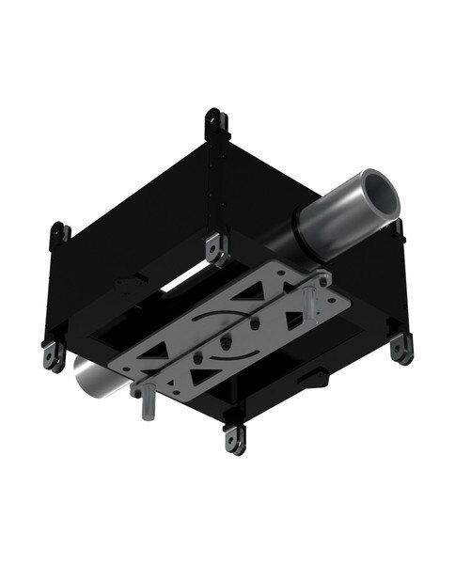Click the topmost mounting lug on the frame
[213, 122]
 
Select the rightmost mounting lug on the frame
[401, 347]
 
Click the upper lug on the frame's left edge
[58, 234]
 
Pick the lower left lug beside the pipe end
[52, 354]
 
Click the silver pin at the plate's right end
[306, 302]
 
